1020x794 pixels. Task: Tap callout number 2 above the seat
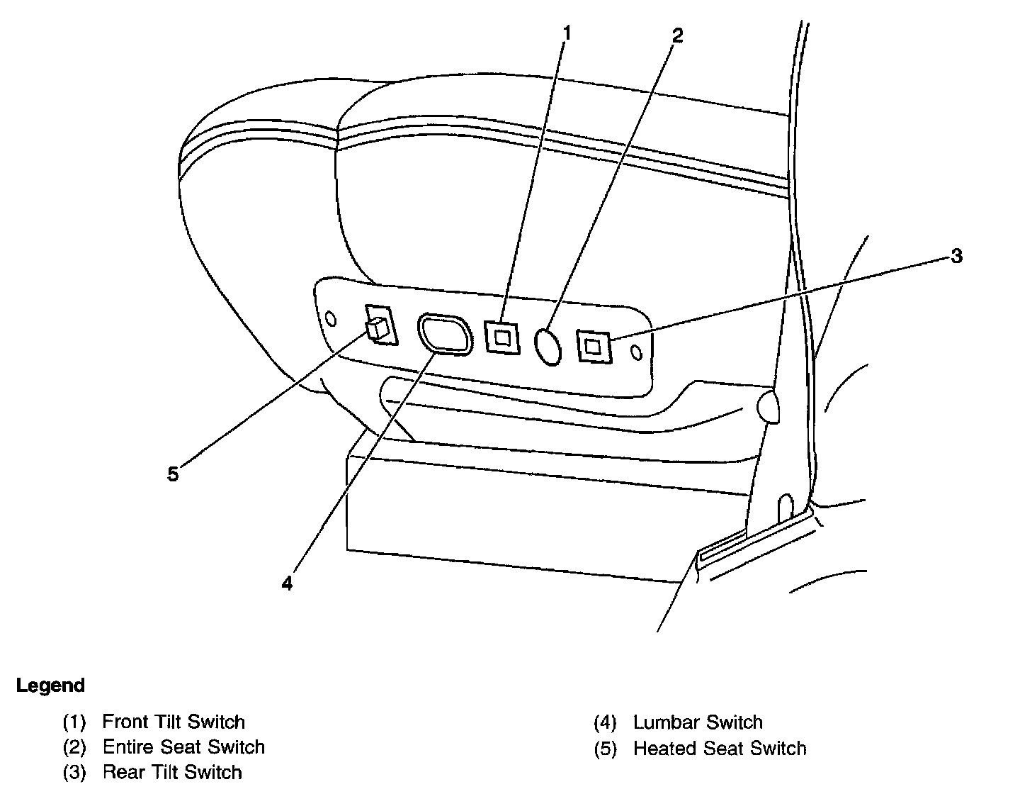click(677, 35)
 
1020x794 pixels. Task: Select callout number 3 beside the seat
click(956, 257)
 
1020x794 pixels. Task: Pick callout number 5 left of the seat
click(174, 474)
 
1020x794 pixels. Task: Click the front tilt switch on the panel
click(501, 337)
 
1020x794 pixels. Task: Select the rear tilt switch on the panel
click(594, 346)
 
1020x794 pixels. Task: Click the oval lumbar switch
click(444, 333)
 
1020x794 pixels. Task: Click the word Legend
click(50, 686)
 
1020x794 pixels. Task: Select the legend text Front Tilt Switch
click(174, 722)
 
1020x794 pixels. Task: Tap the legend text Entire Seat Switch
click(183, 747)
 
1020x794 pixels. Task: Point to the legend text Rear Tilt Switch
click(172, 771)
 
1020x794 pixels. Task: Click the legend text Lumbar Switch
click(698, 722)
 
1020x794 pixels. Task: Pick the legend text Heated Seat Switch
click(720, 748)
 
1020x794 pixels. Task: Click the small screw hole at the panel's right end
click(636, 352)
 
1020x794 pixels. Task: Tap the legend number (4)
click(605, 723)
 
